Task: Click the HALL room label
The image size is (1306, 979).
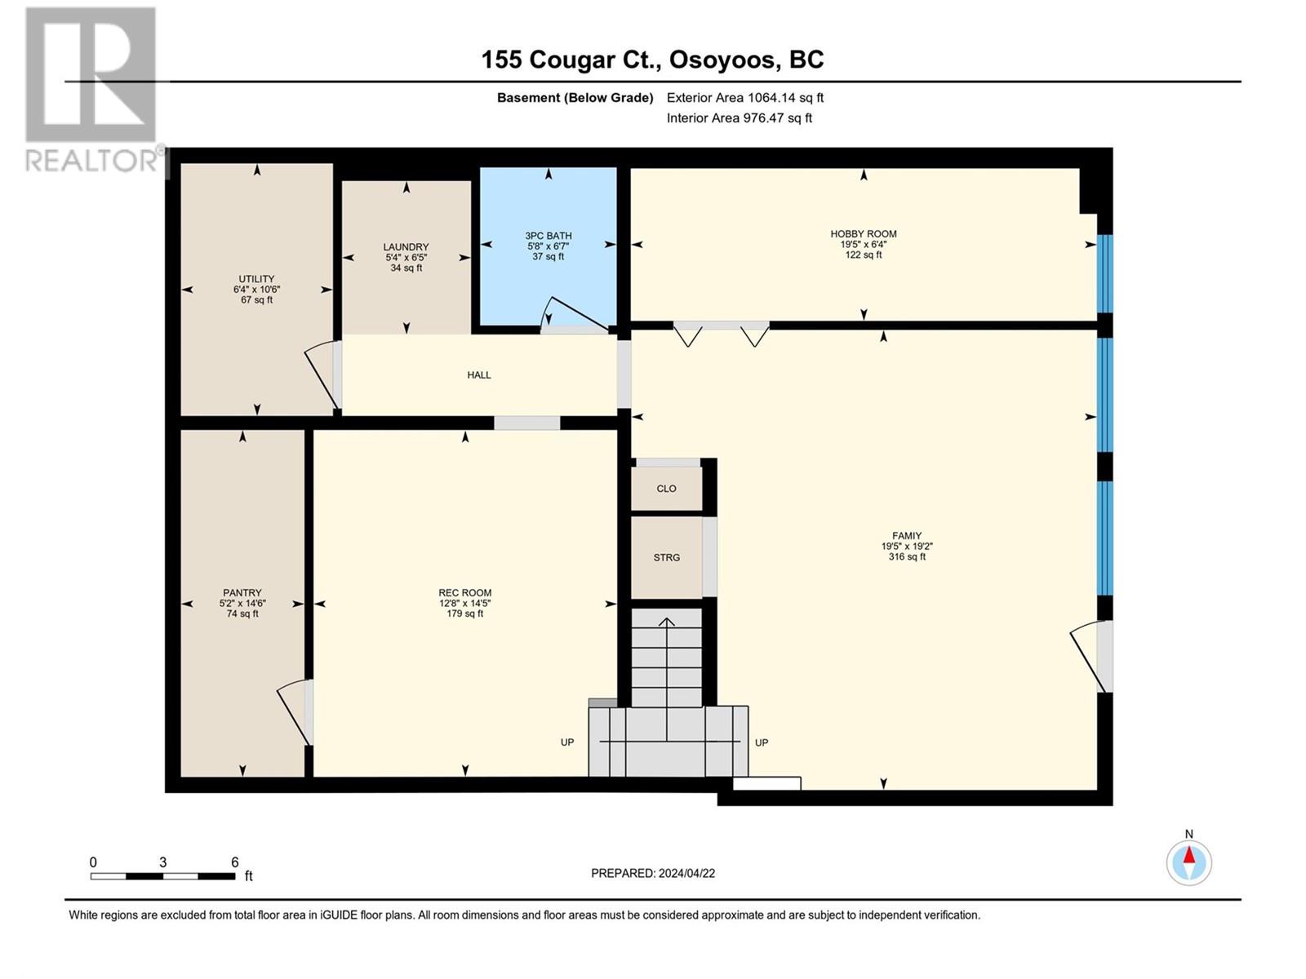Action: coord(479,375)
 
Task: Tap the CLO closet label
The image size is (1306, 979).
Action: coord(666,489)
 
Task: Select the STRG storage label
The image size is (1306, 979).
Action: coord(666,557)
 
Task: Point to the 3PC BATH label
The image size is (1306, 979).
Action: coord(548,236)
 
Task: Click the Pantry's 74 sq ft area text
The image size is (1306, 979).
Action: coord(242,614)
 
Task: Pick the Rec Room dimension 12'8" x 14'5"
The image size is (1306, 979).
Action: coord(464,604)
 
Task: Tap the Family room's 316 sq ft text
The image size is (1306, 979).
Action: coord(907,557)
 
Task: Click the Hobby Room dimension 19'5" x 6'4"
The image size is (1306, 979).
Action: coord(864,244)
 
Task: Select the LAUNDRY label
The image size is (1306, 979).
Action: coord(406,246)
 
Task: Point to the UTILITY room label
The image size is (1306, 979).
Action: coord(256,279)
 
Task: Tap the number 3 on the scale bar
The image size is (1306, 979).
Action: coord(162,862)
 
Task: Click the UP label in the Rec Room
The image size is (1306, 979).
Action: coord(567,742)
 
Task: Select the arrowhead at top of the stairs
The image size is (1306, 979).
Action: coord(666,622)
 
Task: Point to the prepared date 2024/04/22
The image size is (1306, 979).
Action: coord(686,873)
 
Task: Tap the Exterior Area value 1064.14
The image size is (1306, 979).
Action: coord(771,97)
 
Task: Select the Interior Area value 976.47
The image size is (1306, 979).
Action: coord(764,117)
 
